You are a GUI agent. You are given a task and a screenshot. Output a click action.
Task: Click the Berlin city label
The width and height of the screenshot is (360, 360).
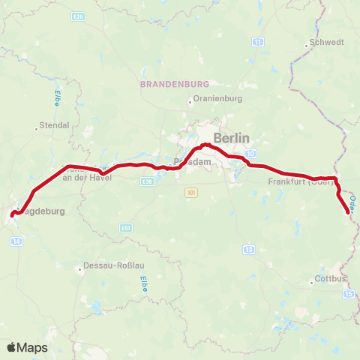coord(230,137)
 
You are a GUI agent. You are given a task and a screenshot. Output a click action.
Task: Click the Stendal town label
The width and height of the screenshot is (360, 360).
coord(54,124)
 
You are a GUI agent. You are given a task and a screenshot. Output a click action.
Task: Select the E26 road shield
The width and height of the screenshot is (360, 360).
coord(77,16)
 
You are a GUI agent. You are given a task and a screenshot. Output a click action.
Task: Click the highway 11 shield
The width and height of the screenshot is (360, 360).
coord(257,42)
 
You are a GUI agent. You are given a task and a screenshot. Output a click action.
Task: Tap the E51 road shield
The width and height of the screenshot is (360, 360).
coord(126,228)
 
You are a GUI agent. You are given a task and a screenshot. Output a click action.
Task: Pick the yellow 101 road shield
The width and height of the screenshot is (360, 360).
coord(191,193)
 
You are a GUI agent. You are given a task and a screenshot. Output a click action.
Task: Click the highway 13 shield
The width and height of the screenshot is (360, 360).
coord(249,249)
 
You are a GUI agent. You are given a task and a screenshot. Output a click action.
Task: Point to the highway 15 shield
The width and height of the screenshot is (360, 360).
coord(349,294)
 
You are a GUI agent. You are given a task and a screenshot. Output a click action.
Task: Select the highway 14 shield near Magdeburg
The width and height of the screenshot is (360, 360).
coord(16,241)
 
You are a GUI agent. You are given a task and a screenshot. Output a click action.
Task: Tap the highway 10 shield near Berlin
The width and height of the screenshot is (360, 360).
coord(248,154)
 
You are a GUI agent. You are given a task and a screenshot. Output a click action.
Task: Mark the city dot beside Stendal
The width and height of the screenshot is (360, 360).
coord(36,129)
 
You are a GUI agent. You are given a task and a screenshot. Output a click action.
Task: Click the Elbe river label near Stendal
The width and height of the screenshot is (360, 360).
coord(57,98)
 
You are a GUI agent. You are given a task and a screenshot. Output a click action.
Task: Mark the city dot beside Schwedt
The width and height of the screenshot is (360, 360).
coord(307,46)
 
